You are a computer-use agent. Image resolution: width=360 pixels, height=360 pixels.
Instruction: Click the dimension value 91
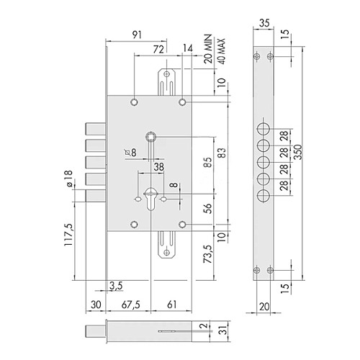137,35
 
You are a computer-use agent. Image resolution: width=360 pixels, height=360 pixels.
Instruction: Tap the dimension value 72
158,49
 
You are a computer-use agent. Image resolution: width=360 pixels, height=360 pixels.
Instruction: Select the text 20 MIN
208,49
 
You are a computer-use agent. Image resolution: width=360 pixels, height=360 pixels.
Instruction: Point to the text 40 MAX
222,51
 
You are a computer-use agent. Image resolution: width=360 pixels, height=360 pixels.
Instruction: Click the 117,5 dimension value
68,235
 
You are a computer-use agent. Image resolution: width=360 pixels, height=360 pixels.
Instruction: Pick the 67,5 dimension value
131,305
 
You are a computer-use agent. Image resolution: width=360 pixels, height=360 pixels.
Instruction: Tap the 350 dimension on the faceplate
299,152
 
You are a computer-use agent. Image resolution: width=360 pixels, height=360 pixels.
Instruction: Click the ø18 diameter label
68,179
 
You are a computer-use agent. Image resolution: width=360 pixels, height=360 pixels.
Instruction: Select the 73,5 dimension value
208,254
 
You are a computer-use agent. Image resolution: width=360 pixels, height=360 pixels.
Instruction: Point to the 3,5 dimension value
116,286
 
